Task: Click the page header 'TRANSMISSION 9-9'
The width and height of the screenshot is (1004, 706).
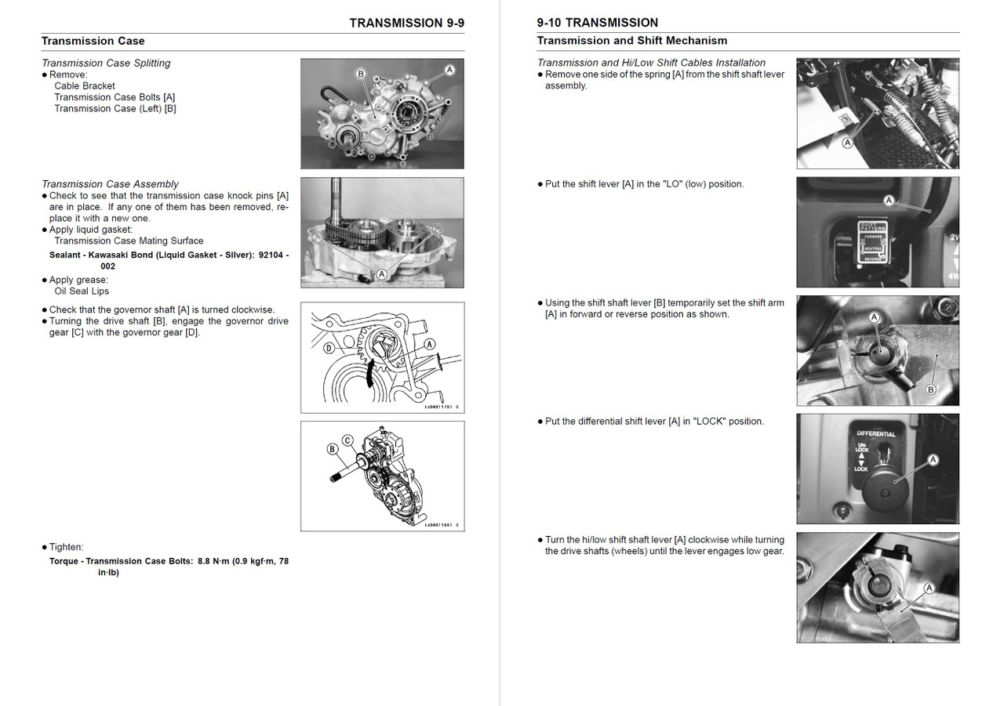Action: pyautogui.click(x=406, y=23)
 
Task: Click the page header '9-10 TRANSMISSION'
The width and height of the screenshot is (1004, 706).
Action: pyautogui.click(x=597, y=23)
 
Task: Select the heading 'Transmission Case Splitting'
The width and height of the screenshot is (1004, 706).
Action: pyautogui.click(x=106, y=63)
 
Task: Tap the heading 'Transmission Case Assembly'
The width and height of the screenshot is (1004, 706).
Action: pyautogui.click(x=110, y=184)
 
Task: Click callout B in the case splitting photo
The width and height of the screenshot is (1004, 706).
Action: pyautogui.click(x=361, y=74)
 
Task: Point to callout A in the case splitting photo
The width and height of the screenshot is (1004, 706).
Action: pyautogui.click(x=449, y=70)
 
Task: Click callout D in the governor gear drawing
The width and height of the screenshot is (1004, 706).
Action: pyautogui.click(x=329, y=347)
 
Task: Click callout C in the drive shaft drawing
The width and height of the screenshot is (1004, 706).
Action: pyautogui.click(x=347, y=440)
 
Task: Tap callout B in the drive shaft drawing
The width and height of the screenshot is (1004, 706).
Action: pyautogui.click(x=333, y=449)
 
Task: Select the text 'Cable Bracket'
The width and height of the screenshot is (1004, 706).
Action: pyautogui.click(x=85, y=86)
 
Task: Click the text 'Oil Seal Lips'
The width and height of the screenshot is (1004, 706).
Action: pyautogui.click(x=82, y=291)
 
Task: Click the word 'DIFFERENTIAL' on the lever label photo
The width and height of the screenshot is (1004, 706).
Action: pyautogui.click(x=875, y=433)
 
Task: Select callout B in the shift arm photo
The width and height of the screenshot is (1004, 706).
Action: pyautogui.click(x=930, y=389)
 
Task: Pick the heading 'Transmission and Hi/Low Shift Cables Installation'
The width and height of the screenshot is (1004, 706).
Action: pyautogui.click(x=651, y=63)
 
